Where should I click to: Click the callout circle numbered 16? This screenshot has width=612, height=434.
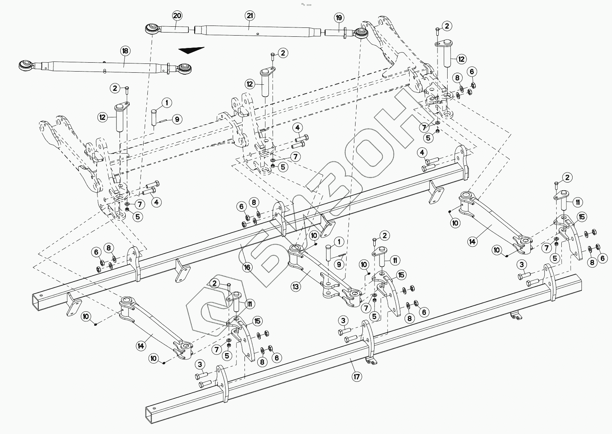click(248, 267)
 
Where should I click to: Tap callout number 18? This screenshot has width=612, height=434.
click(125, 51)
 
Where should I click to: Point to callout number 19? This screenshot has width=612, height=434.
click(339, 18)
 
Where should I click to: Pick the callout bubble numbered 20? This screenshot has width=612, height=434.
click(177, 16)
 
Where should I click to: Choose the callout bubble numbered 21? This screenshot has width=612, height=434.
click(250, 16)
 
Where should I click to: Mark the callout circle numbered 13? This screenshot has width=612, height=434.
click(296, 286)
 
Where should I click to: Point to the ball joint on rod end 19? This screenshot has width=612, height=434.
click(362, 32)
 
